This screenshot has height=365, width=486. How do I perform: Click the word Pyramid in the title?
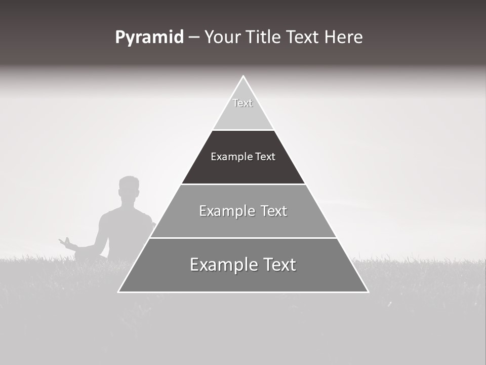pyautogui.click(x=149, y=38)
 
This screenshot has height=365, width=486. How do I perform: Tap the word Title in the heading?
pyautogui.click(x=267, y=37)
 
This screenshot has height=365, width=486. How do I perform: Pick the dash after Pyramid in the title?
pyautogui.click(x=194, y=38)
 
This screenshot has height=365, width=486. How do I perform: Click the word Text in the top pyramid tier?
pyautogui.click(x=242, y=103)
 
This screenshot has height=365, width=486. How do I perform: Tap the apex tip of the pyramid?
pyautogui.click(x=243, y=77)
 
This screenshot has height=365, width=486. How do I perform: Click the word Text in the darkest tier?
pyautogui.click(x=265, y=157)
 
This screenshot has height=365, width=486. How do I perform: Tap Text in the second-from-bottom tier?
pyautogui.click(x=274, y=211)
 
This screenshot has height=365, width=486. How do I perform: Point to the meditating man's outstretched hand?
pyautogui.click(x=65, y=242)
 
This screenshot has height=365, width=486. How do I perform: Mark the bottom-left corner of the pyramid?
pyautogui.click(x=118, y=291)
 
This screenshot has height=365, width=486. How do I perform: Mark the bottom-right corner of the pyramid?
pyautogui.click(x=368, y=291)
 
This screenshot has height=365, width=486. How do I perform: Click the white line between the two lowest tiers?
pyautogui.click(x=243, y=238)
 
